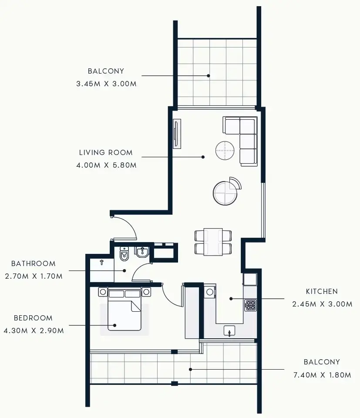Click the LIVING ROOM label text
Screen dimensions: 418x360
(x=106, y=153)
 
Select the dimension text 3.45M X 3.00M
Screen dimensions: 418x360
(x=106, y=84)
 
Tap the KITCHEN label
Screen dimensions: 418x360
(x=322, y=292)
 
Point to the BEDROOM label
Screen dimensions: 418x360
(x=33, y=318)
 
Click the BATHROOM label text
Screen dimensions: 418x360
(x=34, y=263)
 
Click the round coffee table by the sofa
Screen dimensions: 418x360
(x=225, y=152)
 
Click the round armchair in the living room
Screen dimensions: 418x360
(x=225, y=192)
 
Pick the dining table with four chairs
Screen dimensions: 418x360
(x=213, y=242)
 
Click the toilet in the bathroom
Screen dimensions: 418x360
(x=124, y=254)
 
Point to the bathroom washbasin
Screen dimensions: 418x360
(x=142, y=252)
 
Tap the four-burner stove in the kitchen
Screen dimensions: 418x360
(x=250, y=306)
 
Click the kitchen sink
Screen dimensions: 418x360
(x=229, y=331)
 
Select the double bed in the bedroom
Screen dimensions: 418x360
(x=124, y=310)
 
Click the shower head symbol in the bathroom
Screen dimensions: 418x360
(x=101, y=263)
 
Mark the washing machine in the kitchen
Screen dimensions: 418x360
(x=210, y=292)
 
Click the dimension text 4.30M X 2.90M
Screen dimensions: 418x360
(x=34, y=331)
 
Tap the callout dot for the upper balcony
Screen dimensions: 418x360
(x=209, y=75)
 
